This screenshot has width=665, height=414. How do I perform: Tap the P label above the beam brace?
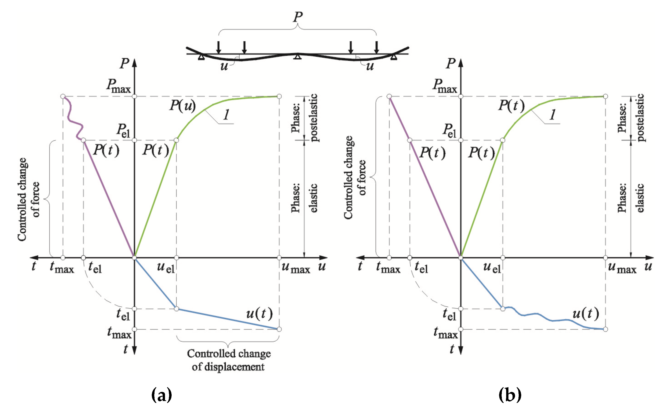click(298, 17)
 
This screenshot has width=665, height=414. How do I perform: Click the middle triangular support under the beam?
click(298, 57)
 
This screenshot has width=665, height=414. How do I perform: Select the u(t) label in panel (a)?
click(259, 313)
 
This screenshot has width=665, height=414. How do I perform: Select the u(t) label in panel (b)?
click(585, 313)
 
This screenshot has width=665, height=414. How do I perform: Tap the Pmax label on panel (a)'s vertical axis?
click(119, 85)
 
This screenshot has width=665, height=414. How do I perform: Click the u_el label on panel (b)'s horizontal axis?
click(492, 267)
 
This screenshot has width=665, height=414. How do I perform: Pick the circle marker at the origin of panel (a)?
click(134, 258)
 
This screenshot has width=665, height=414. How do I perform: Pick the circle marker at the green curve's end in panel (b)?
click(606, 96)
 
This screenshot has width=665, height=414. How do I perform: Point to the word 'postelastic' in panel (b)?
click(640, 118)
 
